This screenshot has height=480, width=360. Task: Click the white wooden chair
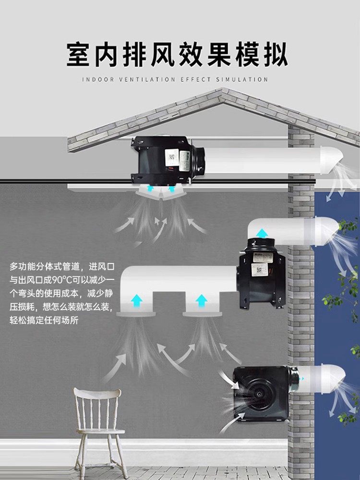click(98, 422)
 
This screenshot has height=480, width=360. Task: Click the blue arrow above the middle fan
click(262, 234)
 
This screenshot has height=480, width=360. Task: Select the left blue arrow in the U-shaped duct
click(137, 301)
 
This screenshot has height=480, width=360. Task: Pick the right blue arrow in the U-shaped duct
click(202, 301)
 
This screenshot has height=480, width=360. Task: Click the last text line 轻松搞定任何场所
click(48, 319)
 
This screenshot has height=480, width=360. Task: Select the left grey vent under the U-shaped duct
click(137, 313)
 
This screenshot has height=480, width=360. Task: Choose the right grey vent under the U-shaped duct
click(202, 313)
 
